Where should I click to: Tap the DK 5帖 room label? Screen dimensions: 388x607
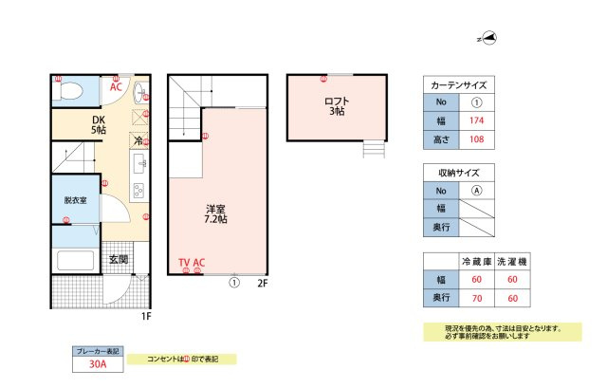point(99,124)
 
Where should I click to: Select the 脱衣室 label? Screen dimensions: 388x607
point(76,201)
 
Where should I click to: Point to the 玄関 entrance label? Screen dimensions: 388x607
point(118,259)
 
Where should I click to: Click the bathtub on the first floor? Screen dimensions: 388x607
point(74,262)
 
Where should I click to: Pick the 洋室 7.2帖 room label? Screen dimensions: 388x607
point(215,212)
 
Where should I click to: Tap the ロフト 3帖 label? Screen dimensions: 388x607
point(337,105)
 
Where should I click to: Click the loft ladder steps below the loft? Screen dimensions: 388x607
point(374,149)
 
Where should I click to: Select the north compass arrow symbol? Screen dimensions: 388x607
point(487,40)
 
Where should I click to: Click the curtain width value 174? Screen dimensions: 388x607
point(477,120)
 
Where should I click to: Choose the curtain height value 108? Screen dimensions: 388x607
point(477,139)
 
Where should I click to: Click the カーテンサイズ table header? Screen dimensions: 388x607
point(459,84)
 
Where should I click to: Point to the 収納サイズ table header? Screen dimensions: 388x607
point(459,173)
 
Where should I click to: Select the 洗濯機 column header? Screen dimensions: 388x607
point(512,260)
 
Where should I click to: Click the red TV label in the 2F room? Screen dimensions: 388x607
point(185,262)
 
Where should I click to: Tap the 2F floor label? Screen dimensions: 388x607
point(263,282)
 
